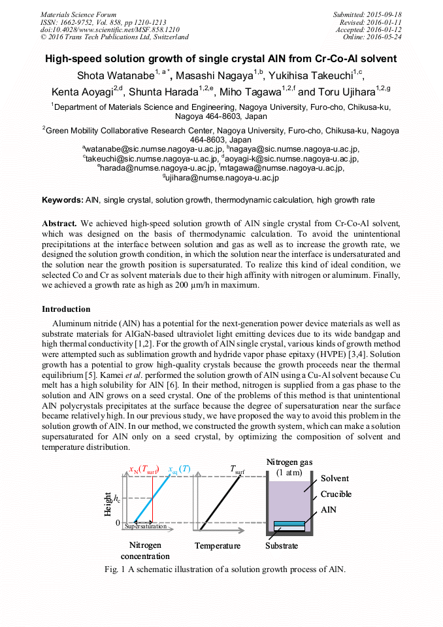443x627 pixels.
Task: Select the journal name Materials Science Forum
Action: (78, 14)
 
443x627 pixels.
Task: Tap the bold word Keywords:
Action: (62, 199)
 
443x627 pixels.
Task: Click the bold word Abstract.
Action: (59, 223)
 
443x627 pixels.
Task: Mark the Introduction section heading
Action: (66, 309)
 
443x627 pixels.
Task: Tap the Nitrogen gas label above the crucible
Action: (289, 462)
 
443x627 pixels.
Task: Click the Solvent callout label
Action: (335, 479)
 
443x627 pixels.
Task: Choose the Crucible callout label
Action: (336, 494)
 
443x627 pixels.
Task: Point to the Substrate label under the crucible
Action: (282, 546)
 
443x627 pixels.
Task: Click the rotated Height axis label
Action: (108, 504)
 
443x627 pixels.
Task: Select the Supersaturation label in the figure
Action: (146, 526)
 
